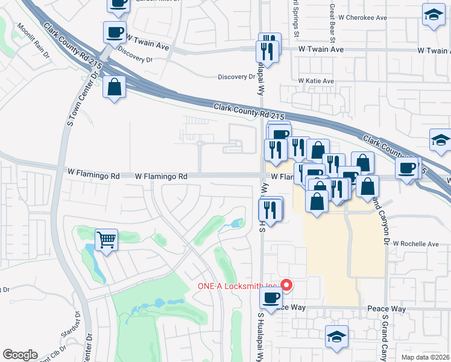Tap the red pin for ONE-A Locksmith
pyautogui.click(x=288, y=285)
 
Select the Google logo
pyautogui.click(x=20, y=355)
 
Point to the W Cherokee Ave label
pyautogui.click(x=362, y=18)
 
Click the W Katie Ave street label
pyautogui.click(x=315, y=81)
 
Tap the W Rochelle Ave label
pyautogui.click(x=416, y=244)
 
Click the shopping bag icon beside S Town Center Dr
pyautogui.click(x=114, y=88)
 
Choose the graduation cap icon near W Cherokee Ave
pyautogui.click(x=433, y=16)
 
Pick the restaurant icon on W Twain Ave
pyautogui.click(x=268, y=50)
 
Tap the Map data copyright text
pyautogui.click(x=425, y=357)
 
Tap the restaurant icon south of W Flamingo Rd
pyautogui.click(x=270, y=210)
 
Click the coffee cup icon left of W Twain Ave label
pyautogui.click(x=114, y=33)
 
